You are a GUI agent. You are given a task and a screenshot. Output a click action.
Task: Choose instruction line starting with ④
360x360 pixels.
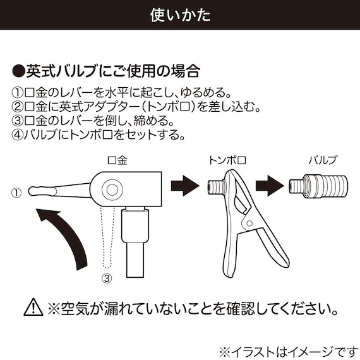click(98, 134)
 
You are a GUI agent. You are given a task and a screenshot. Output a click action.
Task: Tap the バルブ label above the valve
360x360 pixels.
click(323, 160)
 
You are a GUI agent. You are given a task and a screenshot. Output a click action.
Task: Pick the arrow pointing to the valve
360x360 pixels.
click(268, 187)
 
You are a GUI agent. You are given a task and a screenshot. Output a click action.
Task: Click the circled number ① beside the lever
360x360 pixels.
click(16, 191)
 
